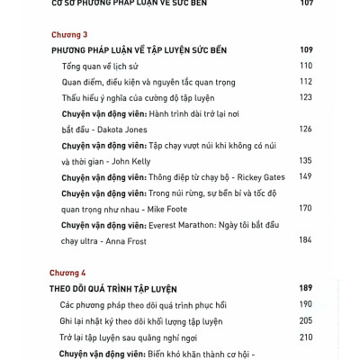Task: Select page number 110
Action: [305, 66]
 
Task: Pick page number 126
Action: [305, 129]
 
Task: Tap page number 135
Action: [305, 161]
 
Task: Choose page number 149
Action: [305, 176]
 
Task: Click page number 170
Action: [305, 208]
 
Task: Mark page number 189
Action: [304, 288]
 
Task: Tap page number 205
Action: [305, 320]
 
